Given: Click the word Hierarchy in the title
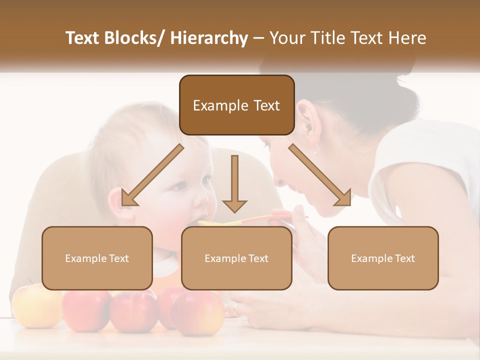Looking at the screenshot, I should [x=209, y=38].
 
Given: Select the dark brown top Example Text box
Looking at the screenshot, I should [x=236, y=105].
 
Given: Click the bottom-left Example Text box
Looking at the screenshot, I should [x=97, y=258].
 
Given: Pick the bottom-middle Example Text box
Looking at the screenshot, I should [x=236, y=258].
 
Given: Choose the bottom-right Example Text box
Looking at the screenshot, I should [x=383, y=258].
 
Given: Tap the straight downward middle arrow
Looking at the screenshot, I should [x=234, y=183].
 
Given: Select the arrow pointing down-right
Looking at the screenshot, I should [x=320, y=175].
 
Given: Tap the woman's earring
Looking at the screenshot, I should [x=316, y=149].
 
